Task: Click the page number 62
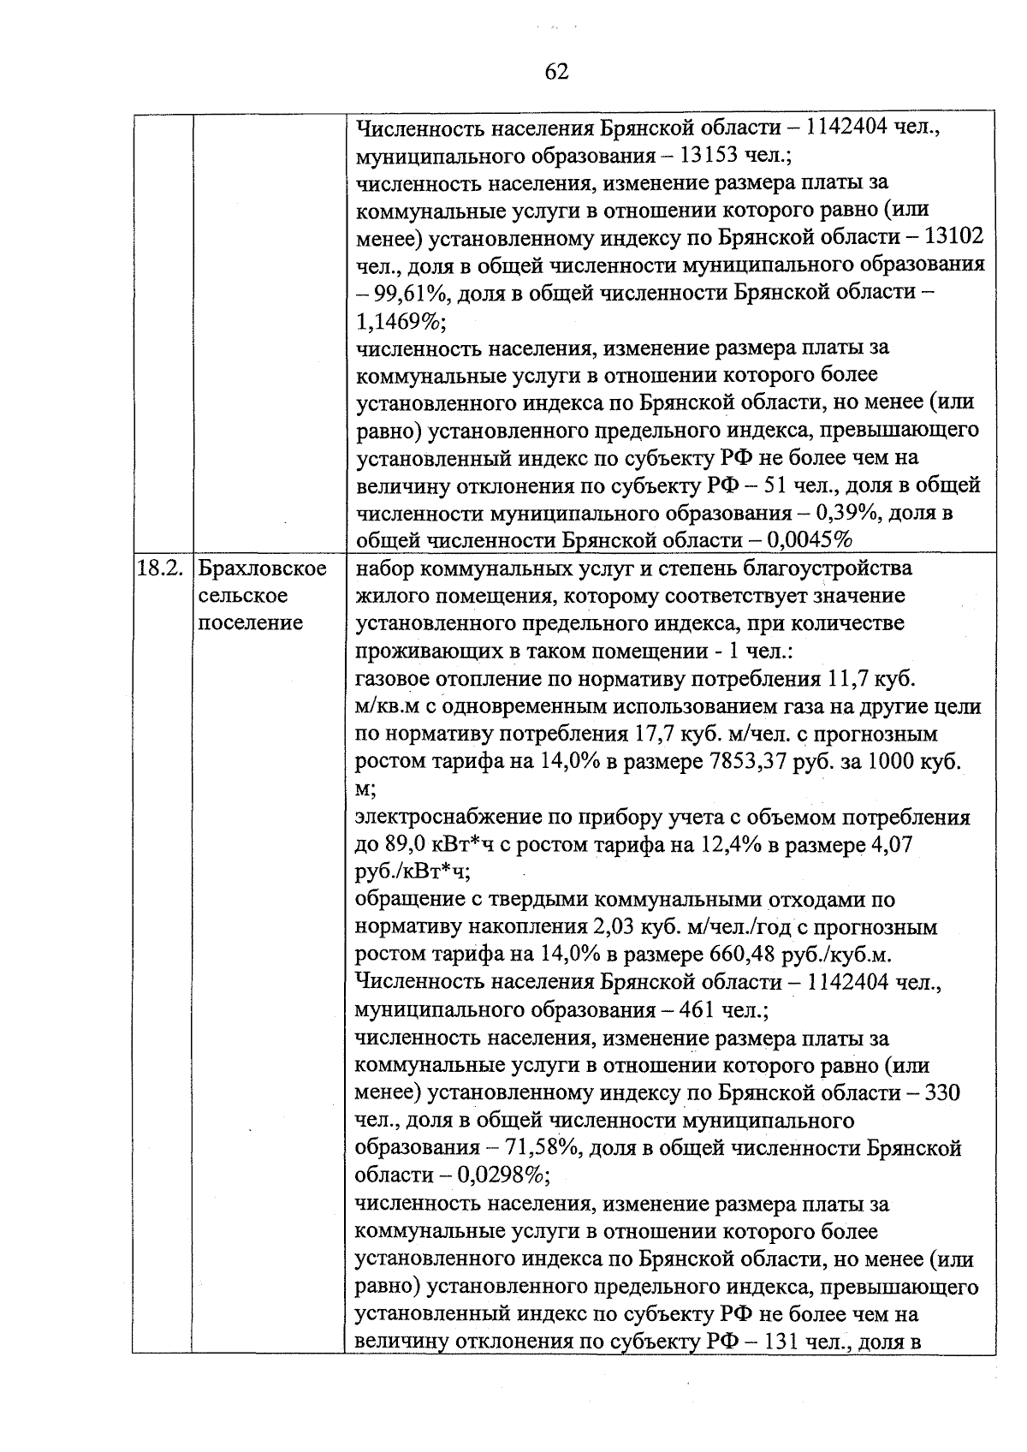click(x=556, y=72)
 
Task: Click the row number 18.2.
click(x=160, y=568)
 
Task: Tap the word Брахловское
click(x=262, y=568)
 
